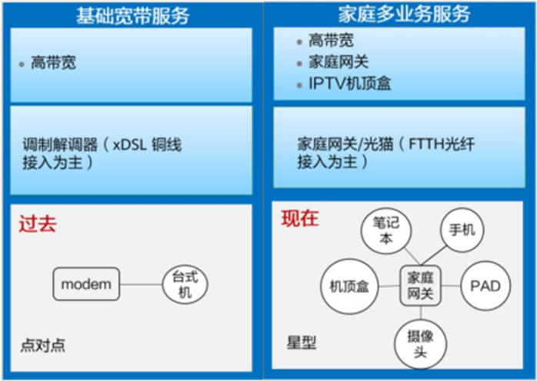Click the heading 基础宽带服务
tap(132, 14)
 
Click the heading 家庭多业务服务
tap(404, 14)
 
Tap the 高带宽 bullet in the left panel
tap(53, 64)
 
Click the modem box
tap(86, 284)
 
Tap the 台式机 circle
tap(185, 284)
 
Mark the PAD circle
tap(485, 287)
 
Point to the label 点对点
tap(43, 345)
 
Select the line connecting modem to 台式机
tap(141, 284)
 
